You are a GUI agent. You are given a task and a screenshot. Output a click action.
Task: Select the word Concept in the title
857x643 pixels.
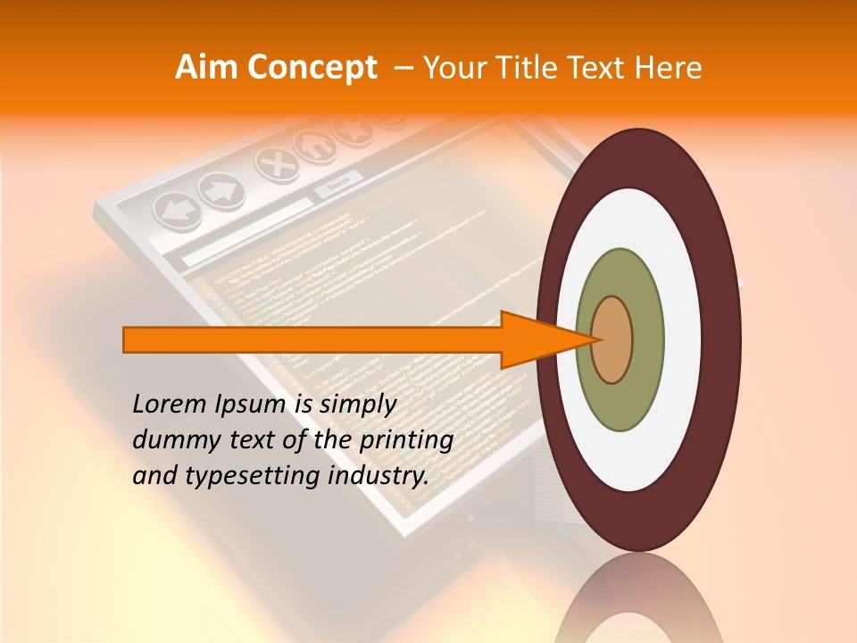tap(312, 69)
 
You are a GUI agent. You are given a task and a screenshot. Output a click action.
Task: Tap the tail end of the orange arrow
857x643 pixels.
tap(127, 339)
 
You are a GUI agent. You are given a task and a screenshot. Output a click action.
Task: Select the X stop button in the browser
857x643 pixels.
tap(276, 163)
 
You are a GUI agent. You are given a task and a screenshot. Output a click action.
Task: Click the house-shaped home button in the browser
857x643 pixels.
tap(315, 146)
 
